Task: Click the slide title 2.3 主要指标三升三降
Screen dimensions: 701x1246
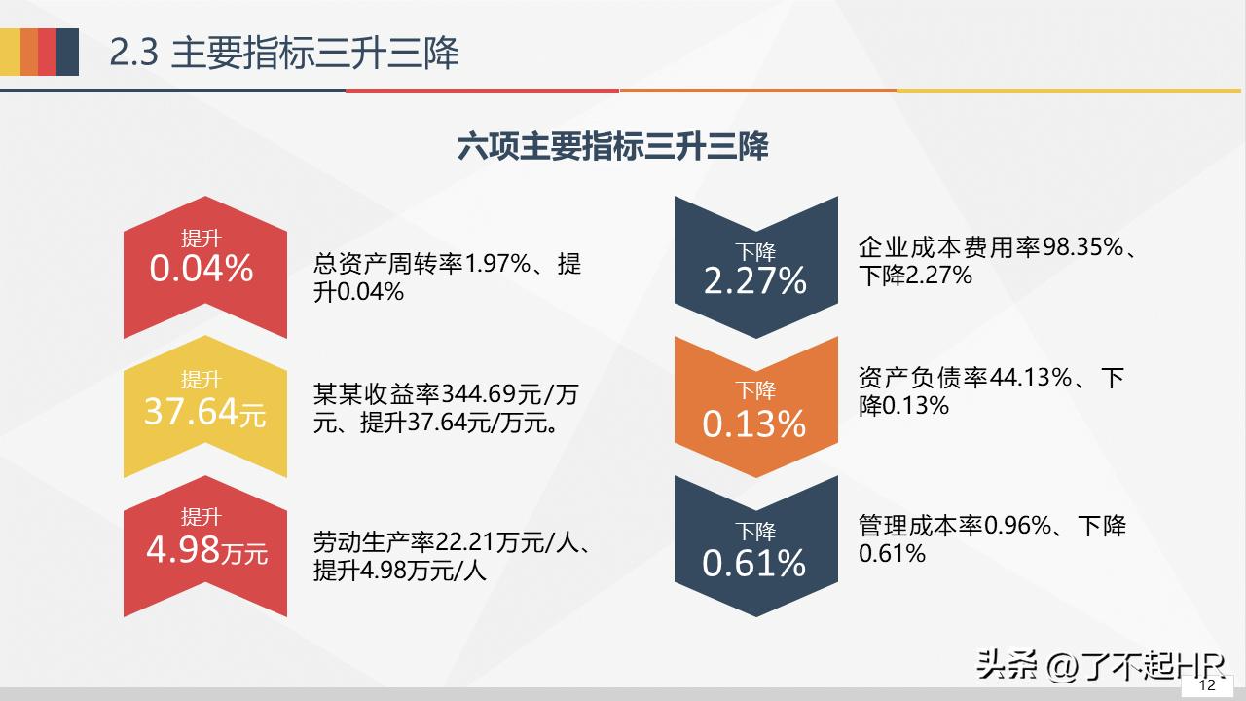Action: click(x=283, y=53)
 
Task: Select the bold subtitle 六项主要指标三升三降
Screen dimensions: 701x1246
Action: click(x=612, y=146)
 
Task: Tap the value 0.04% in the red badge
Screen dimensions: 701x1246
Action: click(x=202, y=269)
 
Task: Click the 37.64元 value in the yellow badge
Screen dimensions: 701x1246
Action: click(x=204, y=411)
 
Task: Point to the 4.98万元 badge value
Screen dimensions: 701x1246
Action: click(x=206, y=550)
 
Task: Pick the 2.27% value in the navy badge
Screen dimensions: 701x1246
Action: click(x=754, y=281)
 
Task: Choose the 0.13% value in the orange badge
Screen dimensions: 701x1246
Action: click(x=754, y=424)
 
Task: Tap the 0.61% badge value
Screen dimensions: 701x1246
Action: click(x=754, y=563)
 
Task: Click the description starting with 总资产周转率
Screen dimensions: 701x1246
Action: click(x=447, y=277)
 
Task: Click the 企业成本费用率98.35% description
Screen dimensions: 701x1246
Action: click(x=999, y=261)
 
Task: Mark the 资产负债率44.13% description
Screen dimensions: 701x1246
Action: click(x=991, y=390)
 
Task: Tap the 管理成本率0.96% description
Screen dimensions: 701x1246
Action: click(x=992, y=539)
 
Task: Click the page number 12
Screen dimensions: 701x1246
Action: click(x=1207, y=685)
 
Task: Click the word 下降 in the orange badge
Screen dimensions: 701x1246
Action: click(x=754, y=391)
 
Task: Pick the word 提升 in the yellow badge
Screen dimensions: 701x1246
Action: click(x=202, y=380)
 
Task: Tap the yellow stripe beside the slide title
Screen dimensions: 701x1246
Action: click(x=10, y=53)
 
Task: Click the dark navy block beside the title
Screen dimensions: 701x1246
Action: click(x=67, y=53)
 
